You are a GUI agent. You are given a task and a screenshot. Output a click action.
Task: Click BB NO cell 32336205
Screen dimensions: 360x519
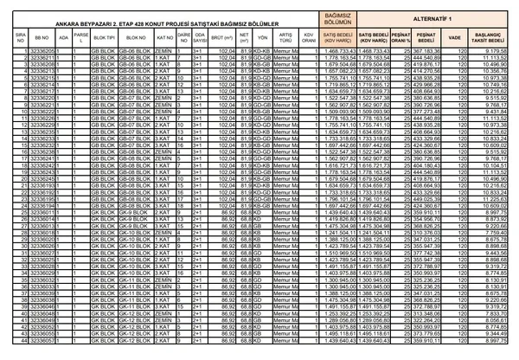tap(41, 52)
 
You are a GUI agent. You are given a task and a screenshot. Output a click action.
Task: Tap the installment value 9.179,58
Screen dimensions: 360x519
tap(499, 52)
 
